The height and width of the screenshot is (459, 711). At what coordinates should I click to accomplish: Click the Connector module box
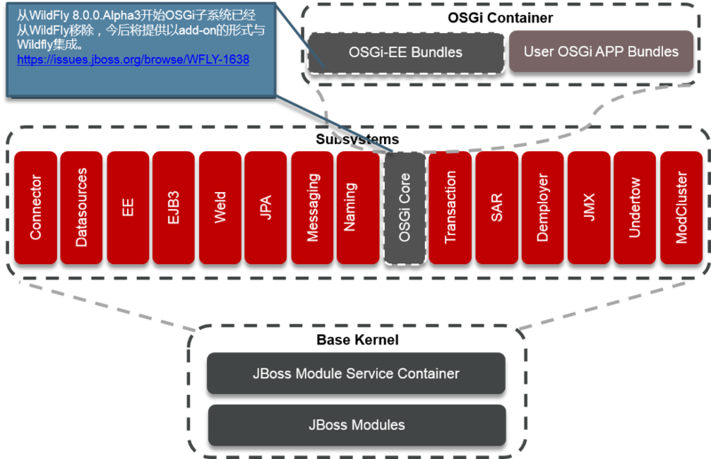click(x=36, y=206)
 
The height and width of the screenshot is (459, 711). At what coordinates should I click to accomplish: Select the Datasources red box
click(x=82, y=206)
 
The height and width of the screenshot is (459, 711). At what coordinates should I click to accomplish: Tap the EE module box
click(x=128, y=206)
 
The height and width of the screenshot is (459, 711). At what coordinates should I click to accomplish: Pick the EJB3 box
click(x=174, y=206)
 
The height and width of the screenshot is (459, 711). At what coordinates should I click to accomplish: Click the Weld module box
click(x=220, y=206)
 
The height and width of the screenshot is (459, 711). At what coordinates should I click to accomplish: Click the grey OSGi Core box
click(x=404, y=206)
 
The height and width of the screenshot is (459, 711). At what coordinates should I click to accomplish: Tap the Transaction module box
click(x=451, y=206)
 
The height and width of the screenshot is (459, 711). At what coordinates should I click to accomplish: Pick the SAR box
click(x=497, y=206)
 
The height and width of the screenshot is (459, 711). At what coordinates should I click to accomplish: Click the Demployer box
click(x=543, y=206)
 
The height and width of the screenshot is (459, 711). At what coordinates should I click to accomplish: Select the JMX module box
click(x=589, y=206)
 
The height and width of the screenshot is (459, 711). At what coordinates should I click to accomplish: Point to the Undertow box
click(x=635, y=206)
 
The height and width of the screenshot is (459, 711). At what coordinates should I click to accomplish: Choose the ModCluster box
click(x=682, y=206)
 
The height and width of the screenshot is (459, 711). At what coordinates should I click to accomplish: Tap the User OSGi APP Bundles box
click(x=601, y=51)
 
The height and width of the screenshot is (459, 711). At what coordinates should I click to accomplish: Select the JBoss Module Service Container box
click(x=355, y=374)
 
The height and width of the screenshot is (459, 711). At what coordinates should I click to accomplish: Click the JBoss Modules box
click(x=355, y=424)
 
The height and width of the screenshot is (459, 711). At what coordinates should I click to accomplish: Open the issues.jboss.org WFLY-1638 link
click(x=133, y=60)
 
